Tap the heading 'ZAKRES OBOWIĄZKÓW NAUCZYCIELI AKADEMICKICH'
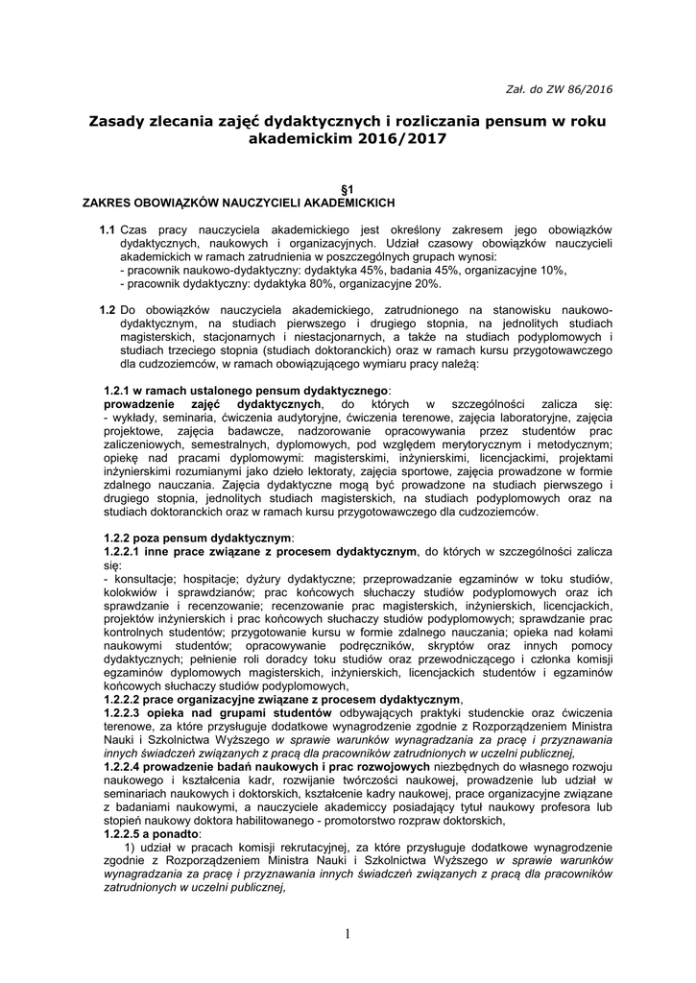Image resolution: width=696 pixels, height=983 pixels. (238, 204)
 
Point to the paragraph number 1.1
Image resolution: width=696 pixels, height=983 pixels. (108, 230)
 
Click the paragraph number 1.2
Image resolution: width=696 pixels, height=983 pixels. (108, 311)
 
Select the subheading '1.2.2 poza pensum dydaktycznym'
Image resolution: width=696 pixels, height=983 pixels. (199, 539)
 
